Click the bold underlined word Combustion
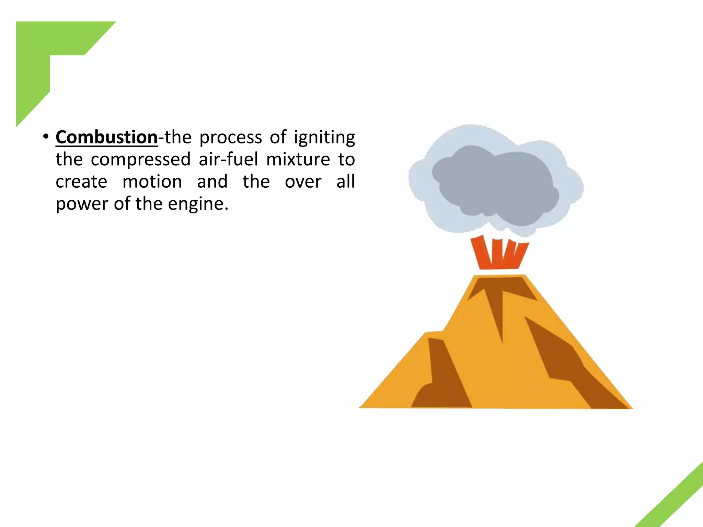(x=106, y=138)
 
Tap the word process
(x=231, y=138)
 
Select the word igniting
(x=324, y=138)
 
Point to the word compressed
(x=141, y=160)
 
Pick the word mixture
(x=298, y=160)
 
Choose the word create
(x=81, y=182)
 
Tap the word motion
(x=152, y=182)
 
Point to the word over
(x=303, y=182)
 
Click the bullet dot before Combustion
(x=46, y=137)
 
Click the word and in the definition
(x=212, y=182)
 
